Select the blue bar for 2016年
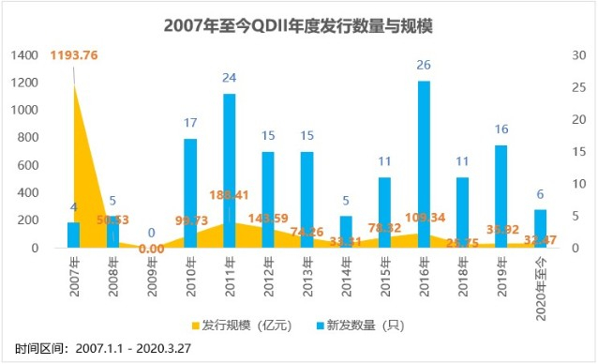click(x=424, y=164)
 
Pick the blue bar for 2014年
click(x=346, y=232)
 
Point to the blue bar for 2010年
click(x=190, y=193)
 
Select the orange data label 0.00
click(x=151, y=249)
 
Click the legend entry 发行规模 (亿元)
click(x=247, y=325)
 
